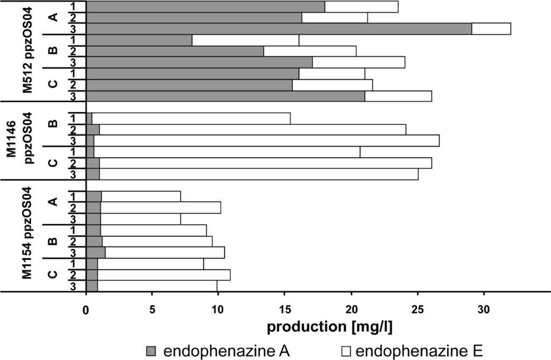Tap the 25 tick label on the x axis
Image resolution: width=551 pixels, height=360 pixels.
[417, 312]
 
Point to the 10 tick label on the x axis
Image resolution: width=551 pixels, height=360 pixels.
[218, 312]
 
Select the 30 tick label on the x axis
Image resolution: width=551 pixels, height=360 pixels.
[484, 312]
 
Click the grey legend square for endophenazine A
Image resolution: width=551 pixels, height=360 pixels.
[151, 351]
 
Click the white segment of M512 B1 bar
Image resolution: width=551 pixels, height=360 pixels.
[245, 40]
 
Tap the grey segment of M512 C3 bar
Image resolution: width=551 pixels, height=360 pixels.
[225, 96]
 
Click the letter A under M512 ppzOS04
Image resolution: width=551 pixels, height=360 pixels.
[53, 18]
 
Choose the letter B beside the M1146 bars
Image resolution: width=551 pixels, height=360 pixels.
[53, 124]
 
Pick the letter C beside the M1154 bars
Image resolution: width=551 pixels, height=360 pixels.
[53, 274]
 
